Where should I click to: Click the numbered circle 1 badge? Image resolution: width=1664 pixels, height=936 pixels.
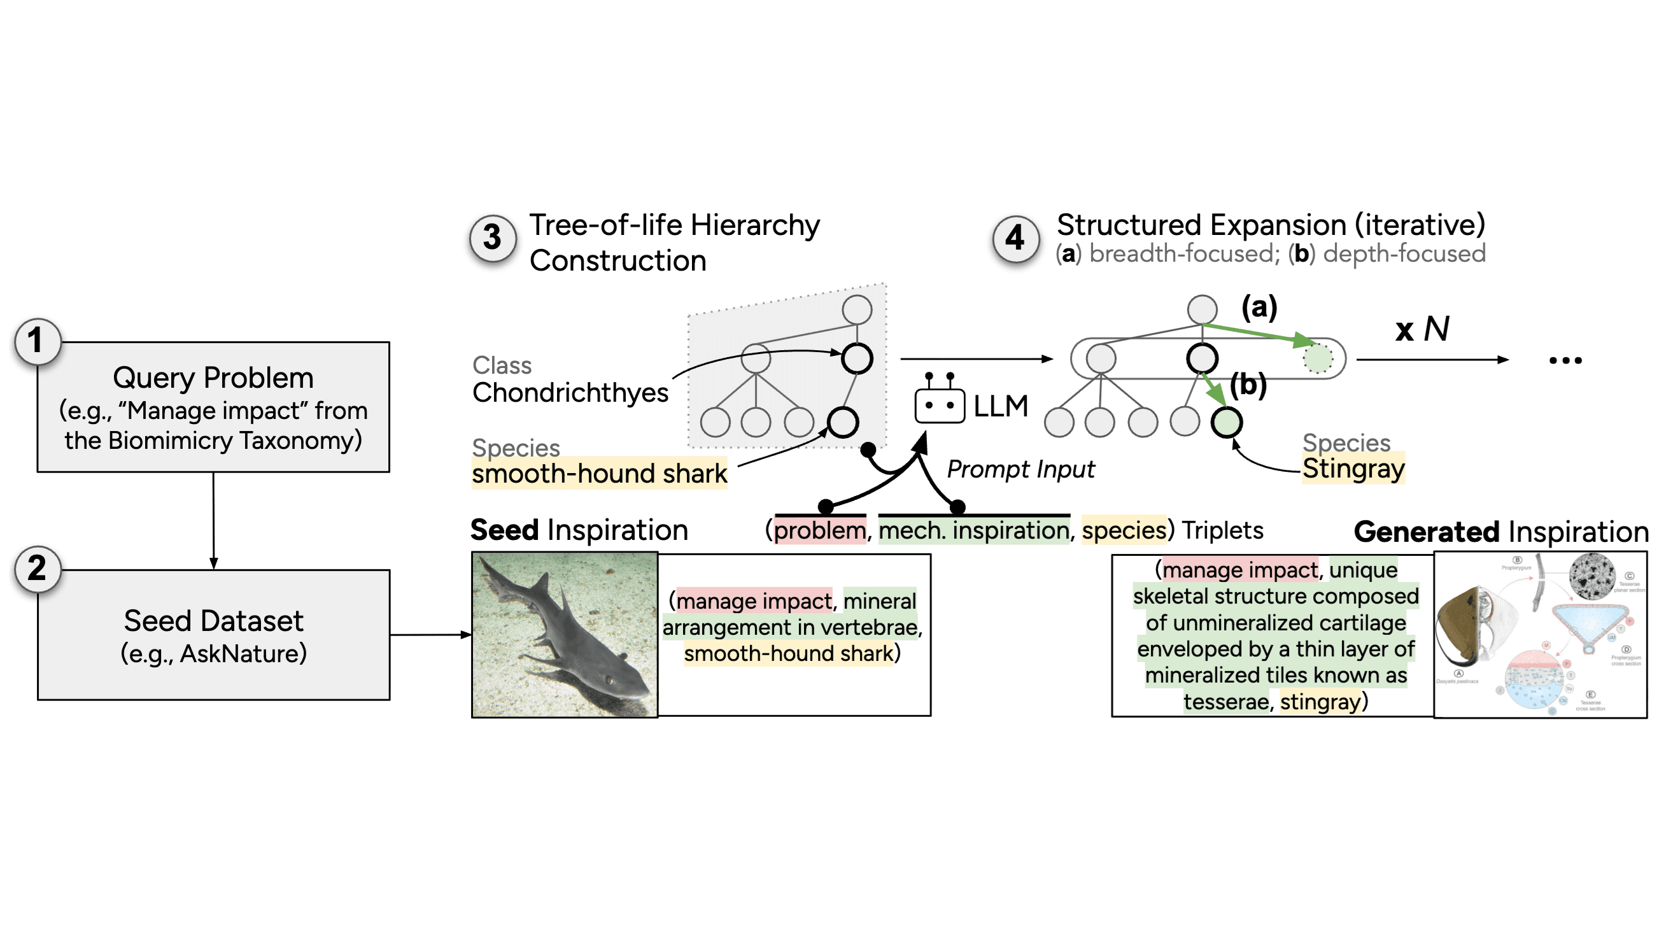[x=37, y=341]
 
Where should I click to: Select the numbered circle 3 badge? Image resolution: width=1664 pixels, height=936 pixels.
[x=493, y=238]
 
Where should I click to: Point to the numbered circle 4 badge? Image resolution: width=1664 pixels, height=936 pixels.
[x=1015, y=238]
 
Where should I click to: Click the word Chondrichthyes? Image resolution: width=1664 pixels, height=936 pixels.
[x=570, y=393]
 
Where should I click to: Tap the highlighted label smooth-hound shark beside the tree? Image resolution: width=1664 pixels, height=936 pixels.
[x=599, y=474]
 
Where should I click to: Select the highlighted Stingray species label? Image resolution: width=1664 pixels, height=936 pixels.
[x=1353, y=469]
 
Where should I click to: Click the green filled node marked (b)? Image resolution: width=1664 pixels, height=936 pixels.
[x=1226, y=422]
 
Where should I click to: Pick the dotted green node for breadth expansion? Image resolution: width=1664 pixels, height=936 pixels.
[x=1317, y=358]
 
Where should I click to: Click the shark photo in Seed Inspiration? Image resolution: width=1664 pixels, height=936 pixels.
[x=565, y=634]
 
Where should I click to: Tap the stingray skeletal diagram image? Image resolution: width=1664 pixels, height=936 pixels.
[x=1540, y=634]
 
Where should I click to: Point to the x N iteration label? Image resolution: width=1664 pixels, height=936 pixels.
[x=1421, y=329]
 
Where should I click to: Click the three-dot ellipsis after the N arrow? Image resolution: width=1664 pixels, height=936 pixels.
[x=1565, y=360]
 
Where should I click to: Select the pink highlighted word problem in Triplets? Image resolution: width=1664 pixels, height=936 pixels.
[x=820, y=530]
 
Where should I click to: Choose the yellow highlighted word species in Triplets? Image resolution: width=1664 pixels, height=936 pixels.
[x=1124, y=530]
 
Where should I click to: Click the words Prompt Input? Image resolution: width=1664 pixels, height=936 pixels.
[x=1020, y=469]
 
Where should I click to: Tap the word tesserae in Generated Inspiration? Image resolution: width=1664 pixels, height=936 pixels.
[x=1225, y=702]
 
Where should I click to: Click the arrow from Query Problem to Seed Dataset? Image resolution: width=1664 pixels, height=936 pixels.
[x=213, y=520]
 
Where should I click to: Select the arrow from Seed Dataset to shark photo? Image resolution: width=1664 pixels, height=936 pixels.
[x=430, y=635]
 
